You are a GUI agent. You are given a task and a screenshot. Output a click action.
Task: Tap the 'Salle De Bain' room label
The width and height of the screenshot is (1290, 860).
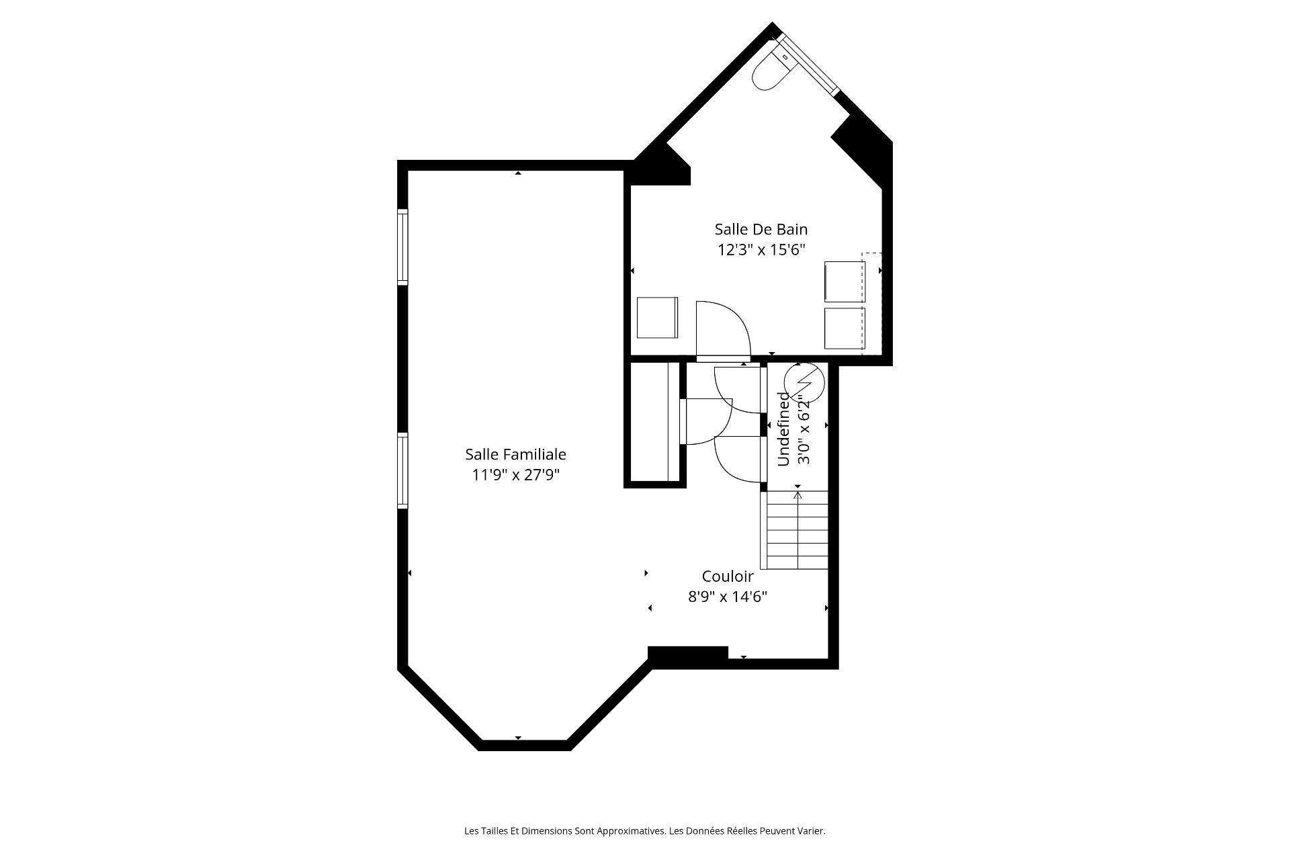click(x=761, y=229)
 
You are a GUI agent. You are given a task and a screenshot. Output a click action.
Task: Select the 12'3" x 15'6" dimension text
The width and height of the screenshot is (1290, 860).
click(x=761, y=250)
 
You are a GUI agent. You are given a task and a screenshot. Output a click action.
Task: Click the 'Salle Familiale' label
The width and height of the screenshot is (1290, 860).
click(x=515, y=454)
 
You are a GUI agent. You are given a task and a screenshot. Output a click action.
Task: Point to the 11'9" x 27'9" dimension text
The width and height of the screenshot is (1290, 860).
click(x=515, y=475)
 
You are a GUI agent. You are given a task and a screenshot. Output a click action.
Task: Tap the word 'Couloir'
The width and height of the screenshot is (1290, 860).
click(x=727, y=576)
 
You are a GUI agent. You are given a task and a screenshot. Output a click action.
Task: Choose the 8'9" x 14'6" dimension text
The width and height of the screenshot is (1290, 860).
click(x=727, y=597)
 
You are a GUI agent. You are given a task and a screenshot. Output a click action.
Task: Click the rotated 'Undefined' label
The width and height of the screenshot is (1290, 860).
click(x=783, y=429)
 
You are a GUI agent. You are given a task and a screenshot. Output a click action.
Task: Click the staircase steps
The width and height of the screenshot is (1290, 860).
click(x=797, y=531)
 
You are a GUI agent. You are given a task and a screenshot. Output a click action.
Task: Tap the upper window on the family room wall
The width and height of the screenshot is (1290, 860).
click(x=402, y=246)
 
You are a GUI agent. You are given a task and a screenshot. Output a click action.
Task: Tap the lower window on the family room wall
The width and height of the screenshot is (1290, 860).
click(x=402, y=470)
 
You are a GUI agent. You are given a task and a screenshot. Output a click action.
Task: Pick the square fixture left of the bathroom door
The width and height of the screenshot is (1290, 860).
click(x=656, y=318)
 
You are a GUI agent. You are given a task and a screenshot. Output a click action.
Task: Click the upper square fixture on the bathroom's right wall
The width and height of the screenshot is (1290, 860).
click(x=844, y=282)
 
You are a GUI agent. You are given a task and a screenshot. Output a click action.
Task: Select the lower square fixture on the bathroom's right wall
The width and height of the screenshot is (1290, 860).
click(x=844, y=329)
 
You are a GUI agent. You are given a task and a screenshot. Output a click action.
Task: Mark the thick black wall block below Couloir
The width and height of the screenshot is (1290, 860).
click(x=687, y=655)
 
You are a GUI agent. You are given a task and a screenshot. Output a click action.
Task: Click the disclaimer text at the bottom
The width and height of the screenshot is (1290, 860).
click(x=644, y=831)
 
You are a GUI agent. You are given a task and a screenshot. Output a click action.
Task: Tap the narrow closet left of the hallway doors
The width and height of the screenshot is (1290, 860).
click(x=650, y=422)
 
